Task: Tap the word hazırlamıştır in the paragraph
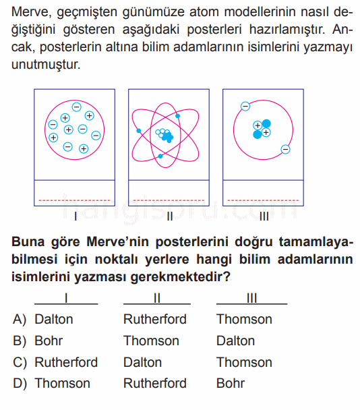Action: coord(287,29)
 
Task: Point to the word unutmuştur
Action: coord(46,65)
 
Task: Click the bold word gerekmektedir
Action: coord(181,276)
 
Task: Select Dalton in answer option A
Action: coord(54,319)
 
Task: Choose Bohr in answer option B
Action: coord(49,341)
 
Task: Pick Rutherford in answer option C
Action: coord(66,362)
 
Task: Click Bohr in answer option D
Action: coord(231,383)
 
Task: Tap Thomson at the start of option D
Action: coord(63,383)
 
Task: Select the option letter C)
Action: coord(20,362)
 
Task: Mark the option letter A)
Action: coord(20,320)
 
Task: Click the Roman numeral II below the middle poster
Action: coord(170,216)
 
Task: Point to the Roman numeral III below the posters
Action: coord(264,216)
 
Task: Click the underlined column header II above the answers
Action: coord(157,298)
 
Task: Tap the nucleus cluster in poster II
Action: coord(164,135)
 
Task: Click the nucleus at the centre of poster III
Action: coord(262,129)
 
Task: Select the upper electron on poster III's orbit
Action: coord(245,106)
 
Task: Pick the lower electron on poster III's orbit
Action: coord(285,149)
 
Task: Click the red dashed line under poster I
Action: coord(75,200)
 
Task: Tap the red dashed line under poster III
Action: coord(263,200)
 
